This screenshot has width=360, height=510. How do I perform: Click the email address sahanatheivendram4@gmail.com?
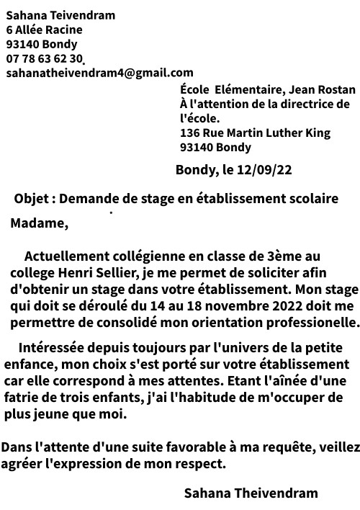(x=99, y=73)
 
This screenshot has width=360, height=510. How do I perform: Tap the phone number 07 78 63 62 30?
(x=44, y=58)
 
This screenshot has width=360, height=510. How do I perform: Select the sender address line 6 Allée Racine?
(x=44, y=30)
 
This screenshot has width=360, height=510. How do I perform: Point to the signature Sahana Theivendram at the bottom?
(x=251, y=493)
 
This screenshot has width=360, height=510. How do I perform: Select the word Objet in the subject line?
(x=31, y=198)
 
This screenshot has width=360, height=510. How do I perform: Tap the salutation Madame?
(x=39, y=223)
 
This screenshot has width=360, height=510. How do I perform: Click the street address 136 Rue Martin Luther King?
(x=255, y=133)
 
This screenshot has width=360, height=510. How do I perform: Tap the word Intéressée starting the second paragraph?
(x=54, y=347)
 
